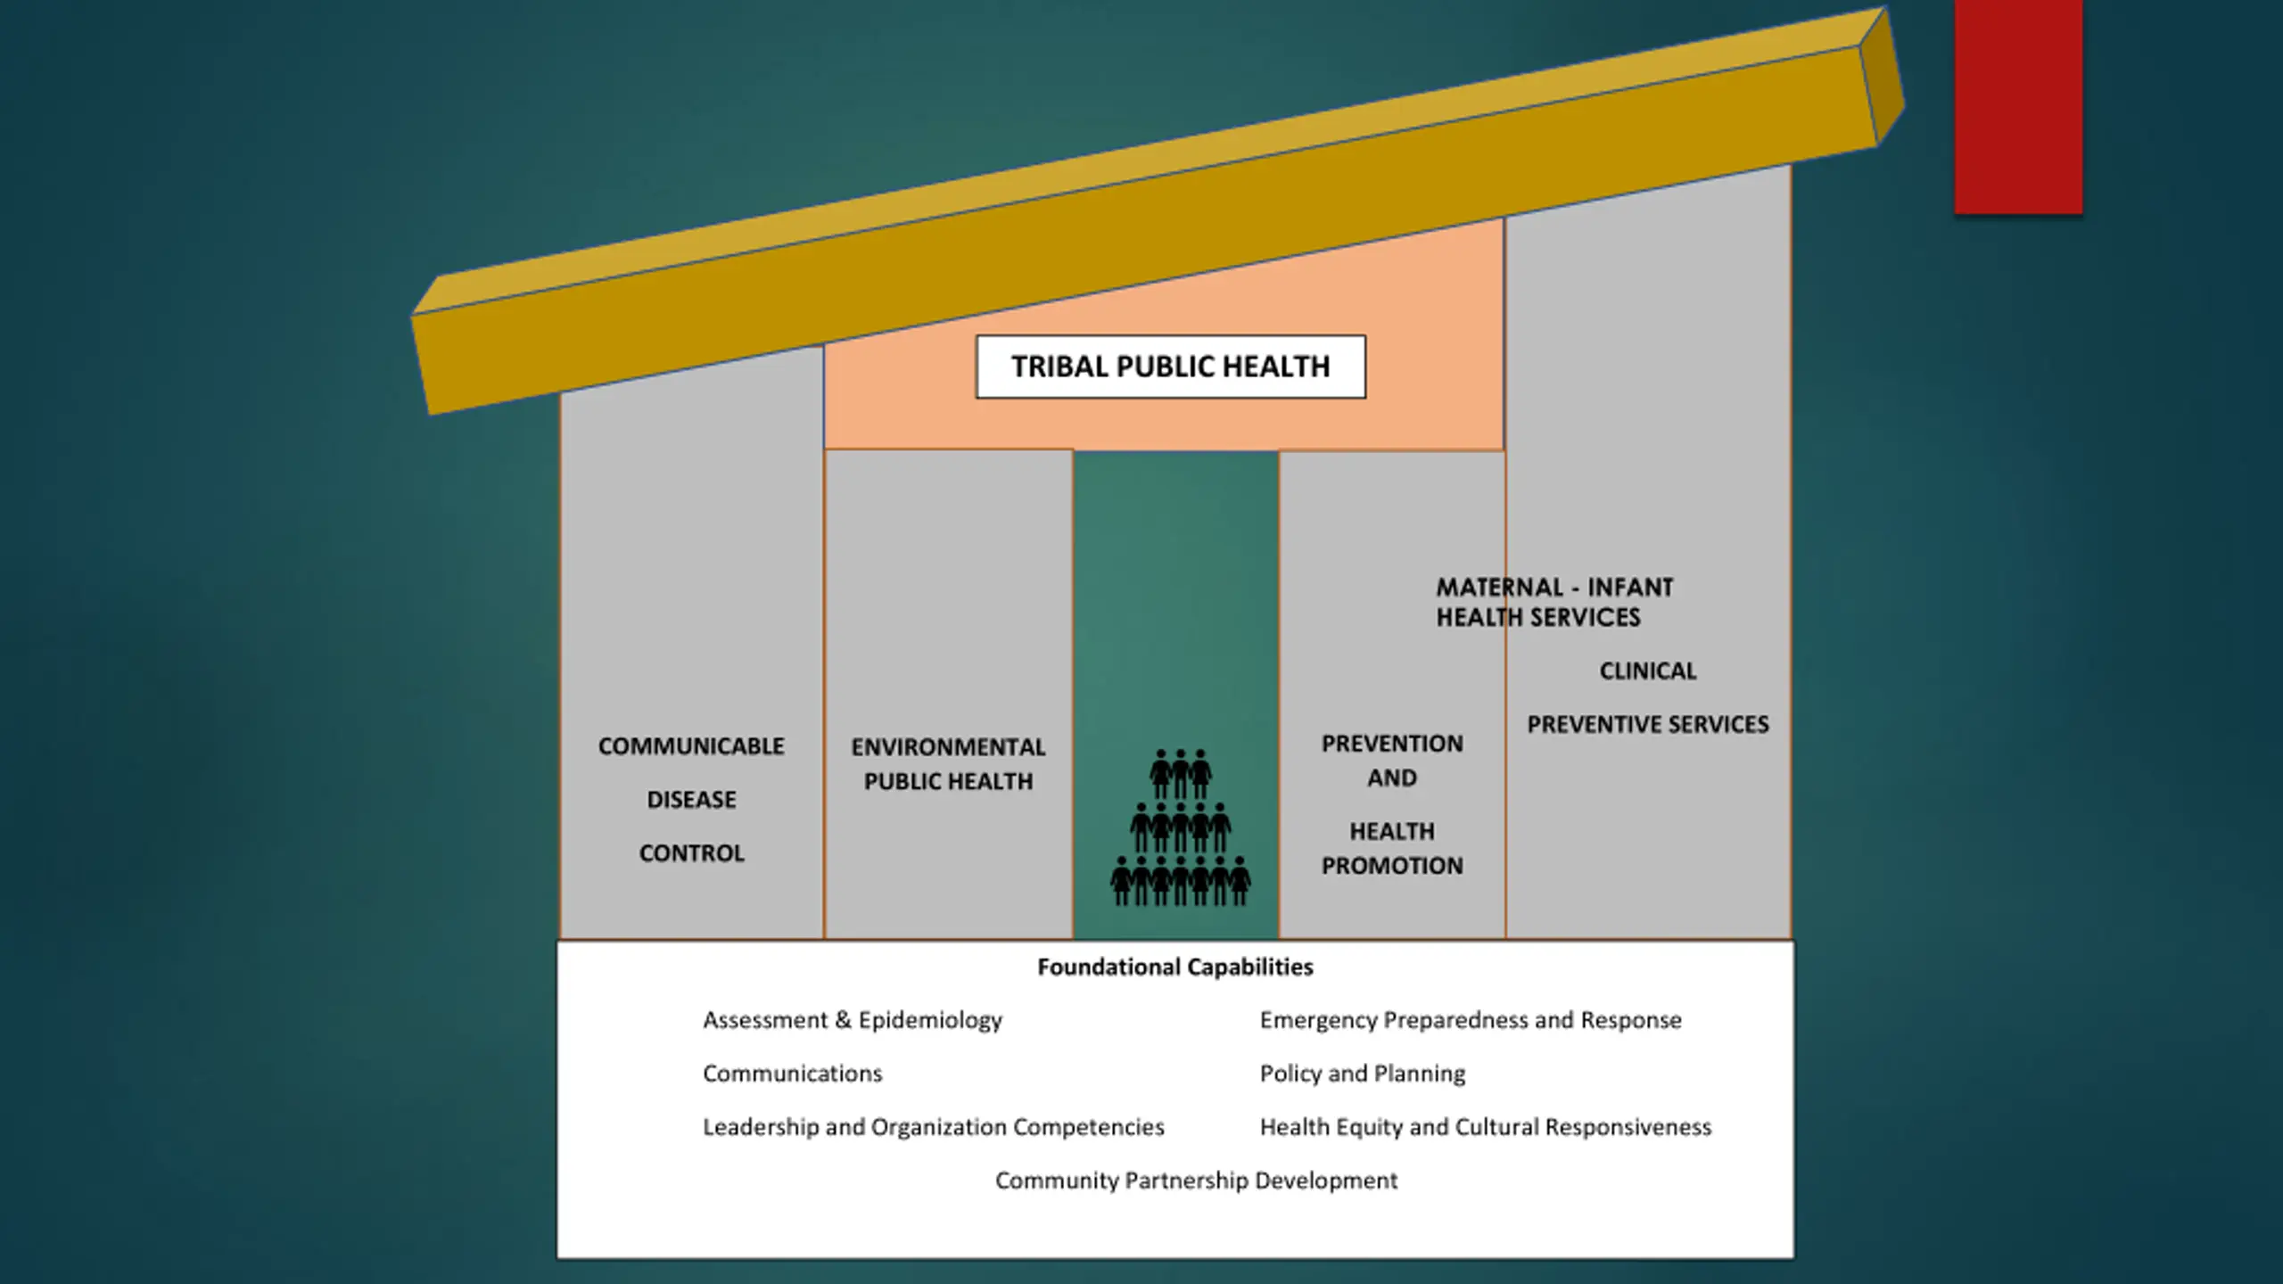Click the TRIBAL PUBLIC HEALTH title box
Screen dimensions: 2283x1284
coord(1170,366)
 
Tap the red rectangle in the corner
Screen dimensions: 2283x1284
coord(2018,107)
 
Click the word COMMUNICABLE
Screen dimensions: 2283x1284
coord(691,746)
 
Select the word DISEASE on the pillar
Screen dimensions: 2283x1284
coord(691,800)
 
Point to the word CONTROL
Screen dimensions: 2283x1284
coord(691,853)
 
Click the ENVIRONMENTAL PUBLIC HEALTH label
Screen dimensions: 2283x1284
coord(948,764)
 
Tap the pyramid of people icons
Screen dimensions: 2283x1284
coord(1180,828)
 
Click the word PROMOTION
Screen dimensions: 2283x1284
coord(1392,866)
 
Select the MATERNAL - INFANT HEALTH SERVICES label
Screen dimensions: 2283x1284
coord(1554,602)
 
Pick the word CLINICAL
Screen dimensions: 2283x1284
coord(1647,671)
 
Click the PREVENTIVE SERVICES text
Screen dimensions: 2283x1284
coord(1647,725)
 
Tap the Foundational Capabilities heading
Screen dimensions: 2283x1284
coord(1174,967)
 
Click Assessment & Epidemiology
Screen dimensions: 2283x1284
coord(852,1020)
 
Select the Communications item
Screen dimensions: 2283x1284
coord(792,1074)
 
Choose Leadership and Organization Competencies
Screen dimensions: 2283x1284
coord(933,1127)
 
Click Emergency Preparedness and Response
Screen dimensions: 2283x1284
coord(1470,1020)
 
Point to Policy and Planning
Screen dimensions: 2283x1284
coord(1362,1074)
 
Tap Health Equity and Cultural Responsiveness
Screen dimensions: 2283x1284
coord(1485,1127)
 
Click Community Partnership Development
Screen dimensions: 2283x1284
coord(1196,1181)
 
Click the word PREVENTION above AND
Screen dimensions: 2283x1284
coord(1392,744)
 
